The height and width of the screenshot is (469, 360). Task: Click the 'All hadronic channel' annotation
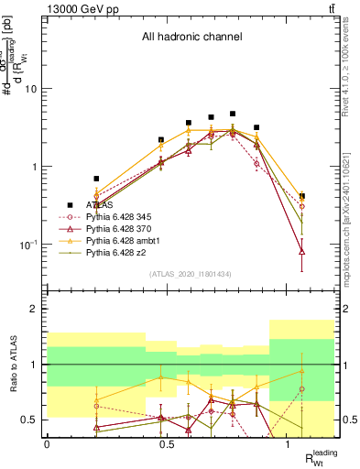click(x=191, y=38)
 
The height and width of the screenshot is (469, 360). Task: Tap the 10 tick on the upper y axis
click(x=33, y=89)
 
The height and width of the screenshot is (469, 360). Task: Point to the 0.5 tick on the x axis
click(x=167, y=444)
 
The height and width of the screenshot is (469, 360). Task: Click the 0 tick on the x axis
click(x=47, y=444)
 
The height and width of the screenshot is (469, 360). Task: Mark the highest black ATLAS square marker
click(x=234, y=115)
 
